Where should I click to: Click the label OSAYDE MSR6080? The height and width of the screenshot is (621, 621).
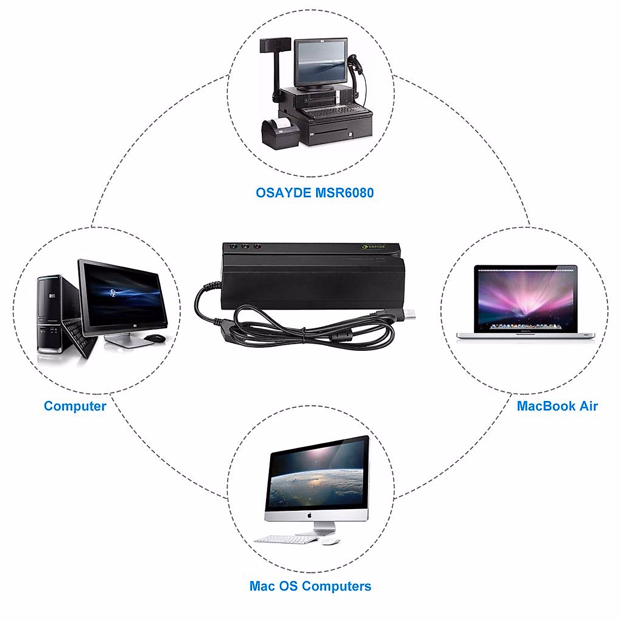(x=314, y=193)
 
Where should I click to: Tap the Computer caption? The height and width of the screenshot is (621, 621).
(x=75, y=406)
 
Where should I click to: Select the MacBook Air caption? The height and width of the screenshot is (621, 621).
(x=557, y=406)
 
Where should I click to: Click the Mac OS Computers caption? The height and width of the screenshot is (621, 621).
(x=310, y=586)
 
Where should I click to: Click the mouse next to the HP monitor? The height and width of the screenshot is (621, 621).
(x=154, y=338)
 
